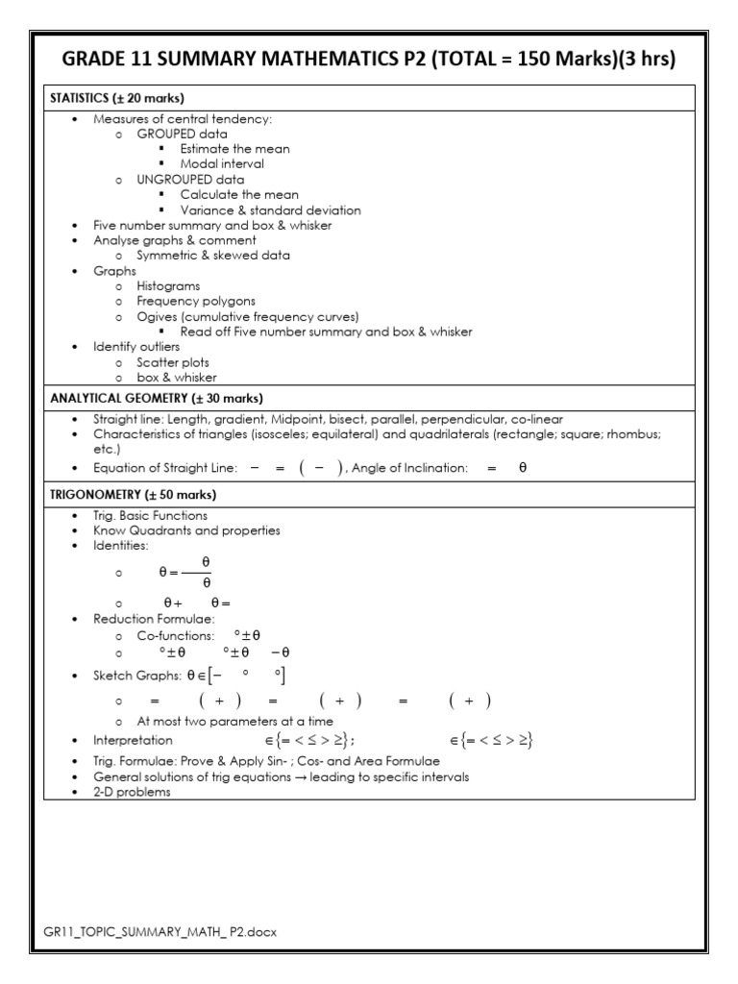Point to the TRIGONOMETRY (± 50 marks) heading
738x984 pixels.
click(132, 495)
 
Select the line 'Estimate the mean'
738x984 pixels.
click(234, 149)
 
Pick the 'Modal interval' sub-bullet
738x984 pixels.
click(222, 164)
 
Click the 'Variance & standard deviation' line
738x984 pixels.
click(270, 210)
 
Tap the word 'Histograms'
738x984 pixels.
click(168, 286)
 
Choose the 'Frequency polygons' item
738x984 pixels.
click(195, 302)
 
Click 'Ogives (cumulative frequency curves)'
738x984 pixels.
click(247, 317)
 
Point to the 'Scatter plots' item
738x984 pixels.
click(176, 362)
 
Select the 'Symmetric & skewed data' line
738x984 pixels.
click(212, 256)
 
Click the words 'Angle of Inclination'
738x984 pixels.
click(410, 468)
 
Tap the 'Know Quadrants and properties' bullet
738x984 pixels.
click(186, 530)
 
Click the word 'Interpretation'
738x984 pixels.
click(133, 741)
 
